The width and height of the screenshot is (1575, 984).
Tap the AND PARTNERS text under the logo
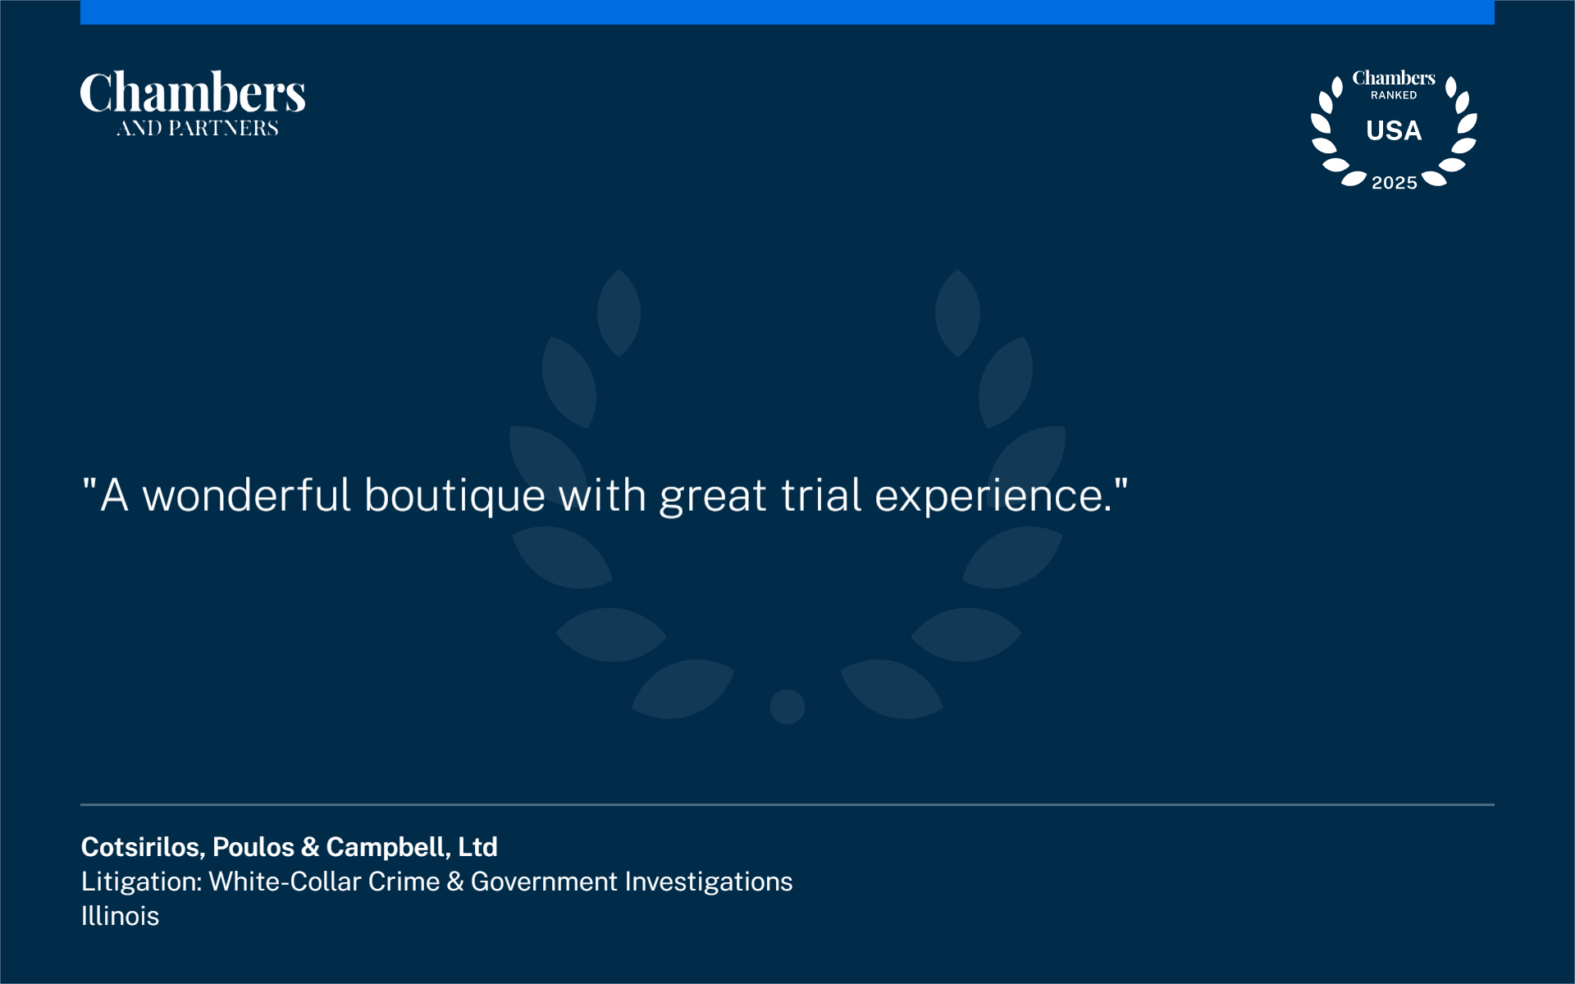(198, 128)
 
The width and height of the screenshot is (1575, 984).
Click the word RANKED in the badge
(1394, 95)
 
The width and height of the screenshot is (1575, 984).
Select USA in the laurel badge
(1394, 130)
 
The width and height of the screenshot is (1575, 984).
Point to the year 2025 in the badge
(1395, 183)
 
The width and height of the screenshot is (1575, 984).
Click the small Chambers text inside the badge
(1394, 78)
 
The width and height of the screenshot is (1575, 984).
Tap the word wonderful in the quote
(247, 495)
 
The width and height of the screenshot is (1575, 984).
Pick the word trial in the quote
(821, 495)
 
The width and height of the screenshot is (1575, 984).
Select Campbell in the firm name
(388, 848)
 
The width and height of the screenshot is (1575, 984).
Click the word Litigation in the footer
(141, 881)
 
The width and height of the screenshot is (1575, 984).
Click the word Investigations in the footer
(709, 882)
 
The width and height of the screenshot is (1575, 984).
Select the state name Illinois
(120, 916)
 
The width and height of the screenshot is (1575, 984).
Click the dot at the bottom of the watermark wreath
(787, 706)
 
